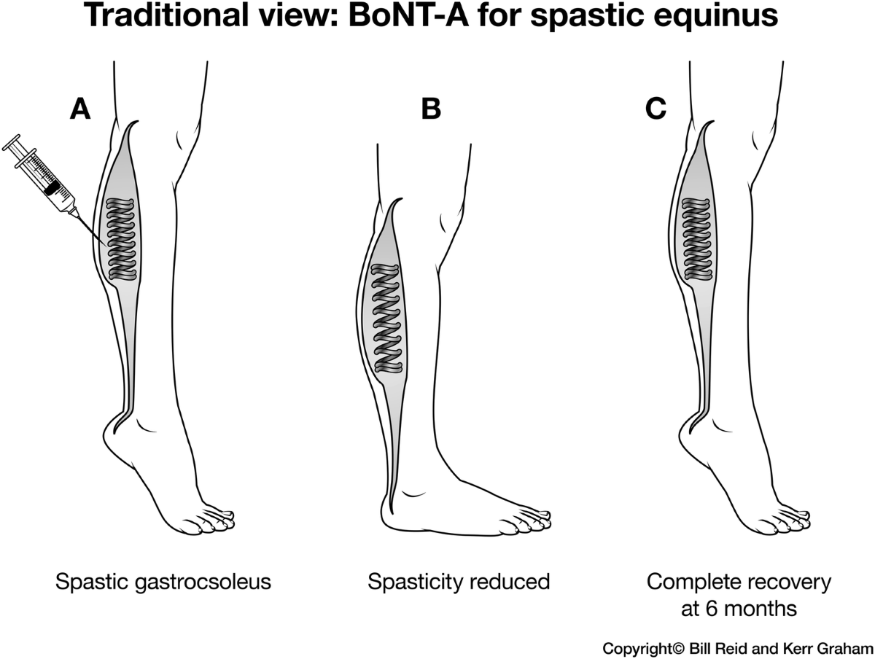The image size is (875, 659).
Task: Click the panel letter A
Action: tap(79, 109)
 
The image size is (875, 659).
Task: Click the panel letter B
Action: tap(431, 109)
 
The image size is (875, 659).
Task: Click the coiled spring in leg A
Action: tap(122, 239)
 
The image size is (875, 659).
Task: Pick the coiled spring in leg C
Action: tap(697, 239)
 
